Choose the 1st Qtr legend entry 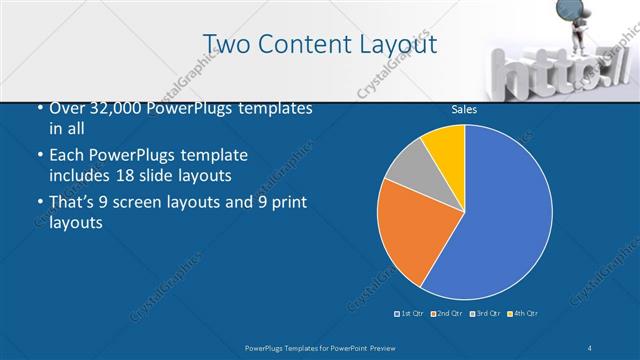(410, 314)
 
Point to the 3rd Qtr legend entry (484, 314)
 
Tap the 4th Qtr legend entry (523, 314)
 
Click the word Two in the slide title (226, 43)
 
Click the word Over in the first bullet (65, 107)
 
